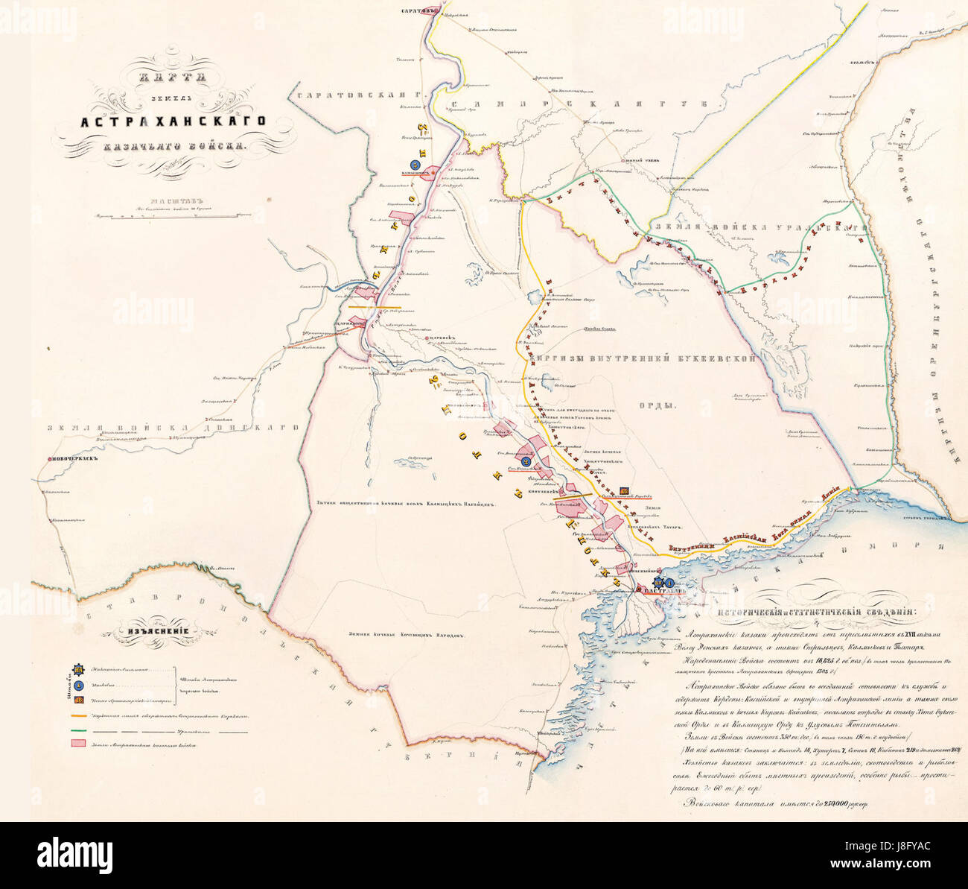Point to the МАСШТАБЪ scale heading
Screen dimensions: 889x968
[x=176, y=200]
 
